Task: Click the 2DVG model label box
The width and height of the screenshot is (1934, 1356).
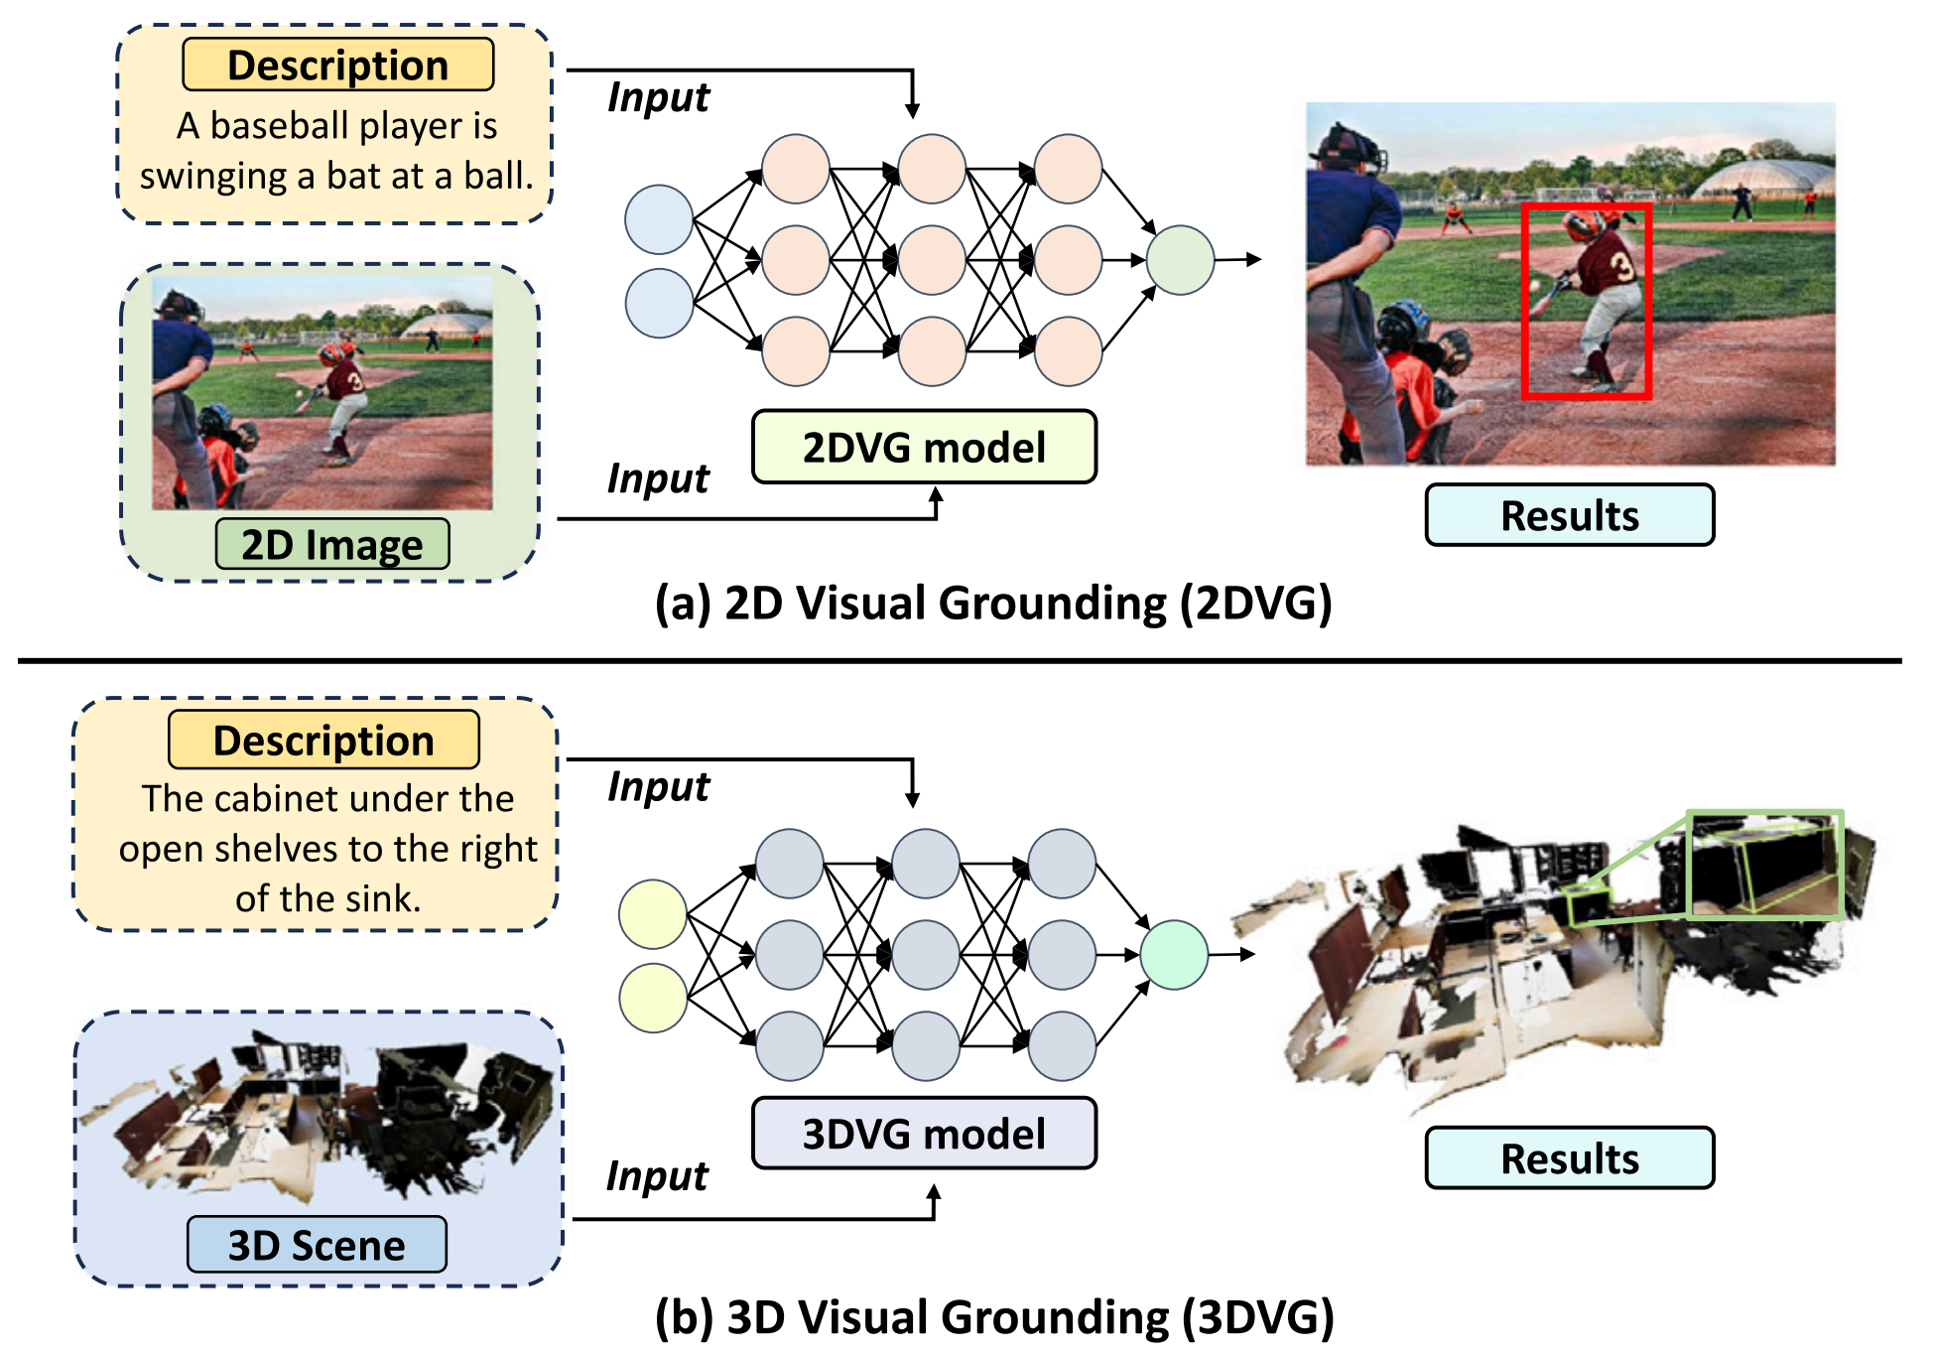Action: pos(924,448)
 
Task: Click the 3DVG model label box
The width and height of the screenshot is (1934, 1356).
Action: pos(924,1134)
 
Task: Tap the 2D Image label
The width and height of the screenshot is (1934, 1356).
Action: pos(332,545)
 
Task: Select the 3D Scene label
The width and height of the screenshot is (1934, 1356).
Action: pos(317,1245)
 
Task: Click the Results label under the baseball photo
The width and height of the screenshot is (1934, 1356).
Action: pos(1569,515)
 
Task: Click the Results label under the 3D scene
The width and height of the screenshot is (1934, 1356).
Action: pos(1569,1158)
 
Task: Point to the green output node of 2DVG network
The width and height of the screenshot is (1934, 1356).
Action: pos(1180,260)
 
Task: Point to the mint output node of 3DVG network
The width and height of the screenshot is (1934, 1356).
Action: pos(1174,955)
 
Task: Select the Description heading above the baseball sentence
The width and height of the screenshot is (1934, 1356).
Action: pos(338,66)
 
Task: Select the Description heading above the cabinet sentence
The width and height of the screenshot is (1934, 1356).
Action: pos(323,741)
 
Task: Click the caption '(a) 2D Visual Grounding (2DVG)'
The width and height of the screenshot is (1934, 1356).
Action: pos(992,604)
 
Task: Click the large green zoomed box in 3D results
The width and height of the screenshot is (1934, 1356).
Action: pos(1764,865)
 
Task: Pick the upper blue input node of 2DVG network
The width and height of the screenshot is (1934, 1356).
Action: pos(659,219)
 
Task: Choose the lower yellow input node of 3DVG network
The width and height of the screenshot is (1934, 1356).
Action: pos(653,998)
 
